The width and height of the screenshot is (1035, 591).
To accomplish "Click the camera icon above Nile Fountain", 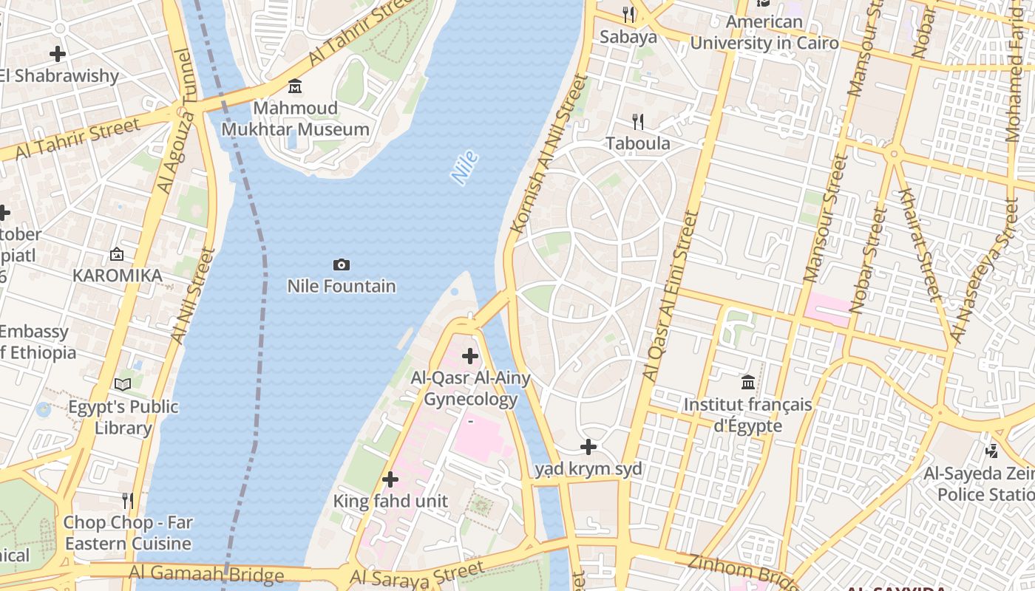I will (341, 264).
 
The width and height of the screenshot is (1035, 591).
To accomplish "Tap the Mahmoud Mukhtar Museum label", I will (296, 119).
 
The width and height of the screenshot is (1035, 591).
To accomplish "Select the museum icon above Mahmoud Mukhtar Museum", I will (295, 86).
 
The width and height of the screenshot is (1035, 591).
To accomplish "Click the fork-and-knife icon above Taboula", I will (637, 121).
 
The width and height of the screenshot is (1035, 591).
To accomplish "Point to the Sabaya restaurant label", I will (628, 36).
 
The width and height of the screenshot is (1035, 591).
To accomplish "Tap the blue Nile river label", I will (464, 168).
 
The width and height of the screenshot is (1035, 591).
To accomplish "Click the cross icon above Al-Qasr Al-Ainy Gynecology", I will (470, 357).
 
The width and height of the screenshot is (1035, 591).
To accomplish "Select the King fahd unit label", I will (390, 501).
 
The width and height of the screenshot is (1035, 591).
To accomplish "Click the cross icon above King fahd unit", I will (390, 479).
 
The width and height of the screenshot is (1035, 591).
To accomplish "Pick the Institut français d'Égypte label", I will (747, 415).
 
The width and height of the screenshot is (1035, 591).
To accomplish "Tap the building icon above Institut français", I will (748, 383).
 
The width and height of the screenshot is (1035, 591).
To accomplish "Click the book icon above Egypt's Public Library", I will (123, 384).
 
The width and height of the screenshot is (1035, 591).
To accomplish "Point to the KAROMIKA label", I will (117, 276).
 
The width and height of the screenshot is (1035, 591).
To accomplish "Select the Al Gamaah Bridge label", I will (206, 573).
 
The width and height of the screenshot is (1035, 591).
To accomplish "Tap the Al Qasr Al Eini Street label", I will (671, 295).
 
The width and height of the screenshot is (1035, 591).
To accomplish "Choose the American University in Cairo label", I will (764, 33).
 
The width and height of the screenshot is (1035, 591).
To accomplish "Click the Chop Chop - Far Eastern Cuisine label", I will (128, 533).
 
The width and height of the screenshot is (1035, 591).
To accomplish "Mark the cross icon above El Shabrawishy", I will (58, 54).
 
